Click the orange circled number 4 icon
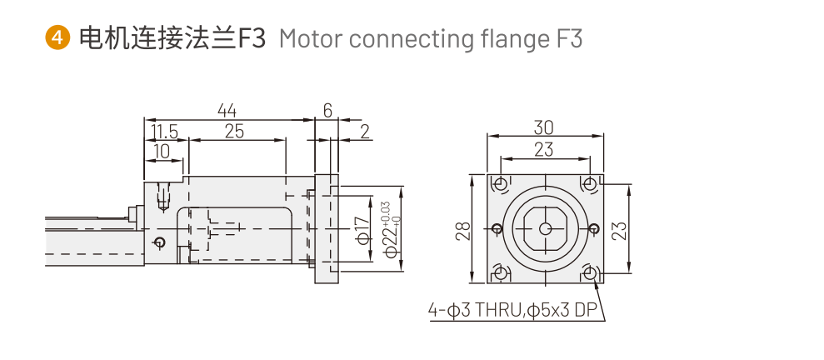pyautogui.click(x=57, y=38)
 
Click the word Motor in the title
pyautogui.click(x=305, y=38)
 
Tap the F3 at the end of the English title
pyautogui.click(x=567, y=38)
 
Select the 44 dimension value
pyautogui.click(x=227, y=110)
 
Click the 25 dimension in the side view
pyautogui.click(x=234, y=131)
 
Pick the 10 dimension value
pyautogui.click(x=162, y=150)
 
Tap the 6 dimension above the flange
pyautogui.click(x=327, y=110)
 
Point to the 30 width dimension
pyautogui.click(x=544, y=127)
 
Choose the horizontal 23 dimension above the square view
pyautogui.click(x=544, y=149)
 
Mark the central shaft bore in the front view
pyautogui.click(x=545, y=228)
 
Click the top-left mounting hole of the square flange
pyautogui.click(x=500, y=183)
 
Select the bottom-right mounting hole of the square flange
pyautogui.click(x=590, y=272)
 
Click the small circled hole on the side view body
pyautogui.click(x=160, y=242)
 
